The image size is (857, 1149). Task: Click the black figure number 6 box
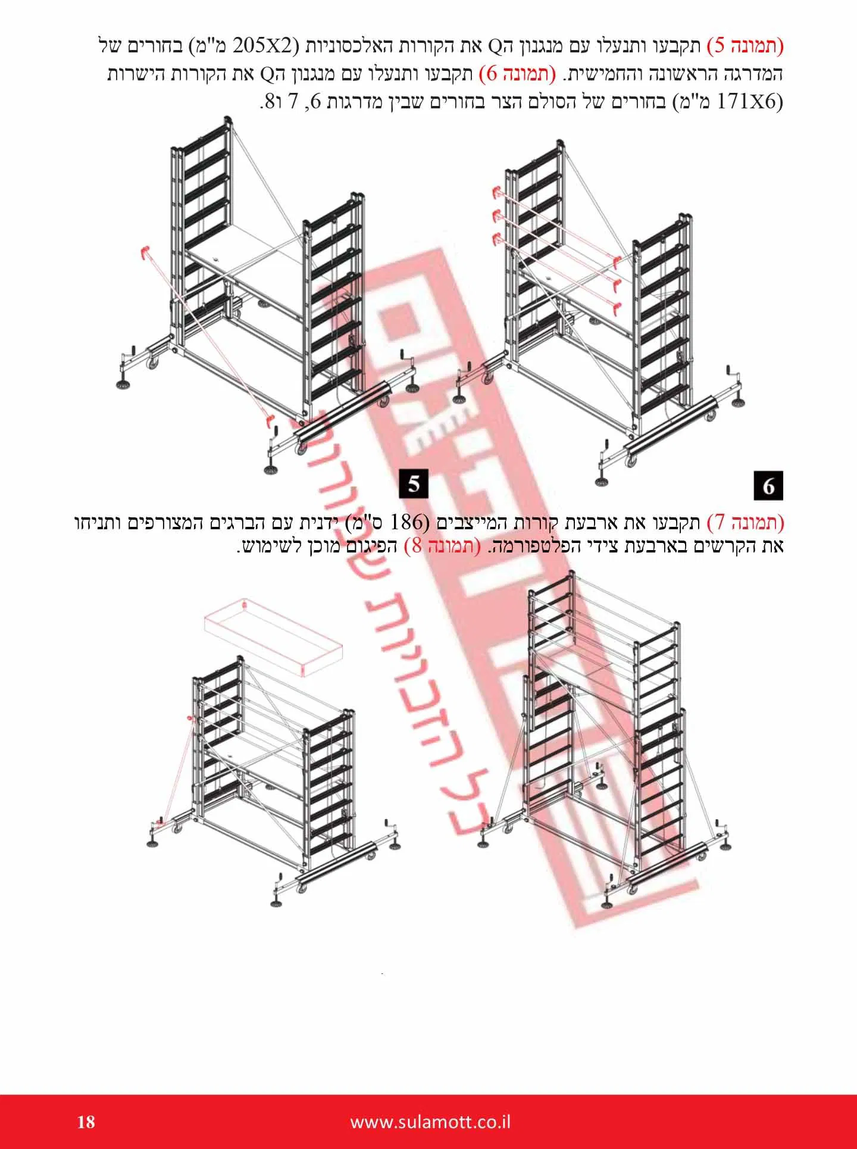768,485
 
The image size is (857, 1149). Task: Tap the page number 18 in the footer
86,1122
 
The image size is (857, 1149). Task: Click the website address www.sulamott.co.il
430,1122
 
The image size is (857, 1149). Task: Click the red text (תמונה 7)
745,523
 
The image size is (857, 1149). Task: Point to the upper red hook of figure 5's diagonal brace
143,252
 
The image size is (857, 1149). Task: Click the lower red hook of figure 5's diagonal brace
269,421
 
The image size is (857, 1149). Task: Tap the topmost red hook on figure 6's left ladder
496,191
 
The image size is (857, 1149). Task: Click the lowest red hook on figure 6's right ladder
617,307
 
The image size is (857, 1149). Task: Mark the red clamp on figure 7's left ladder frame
191,719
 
